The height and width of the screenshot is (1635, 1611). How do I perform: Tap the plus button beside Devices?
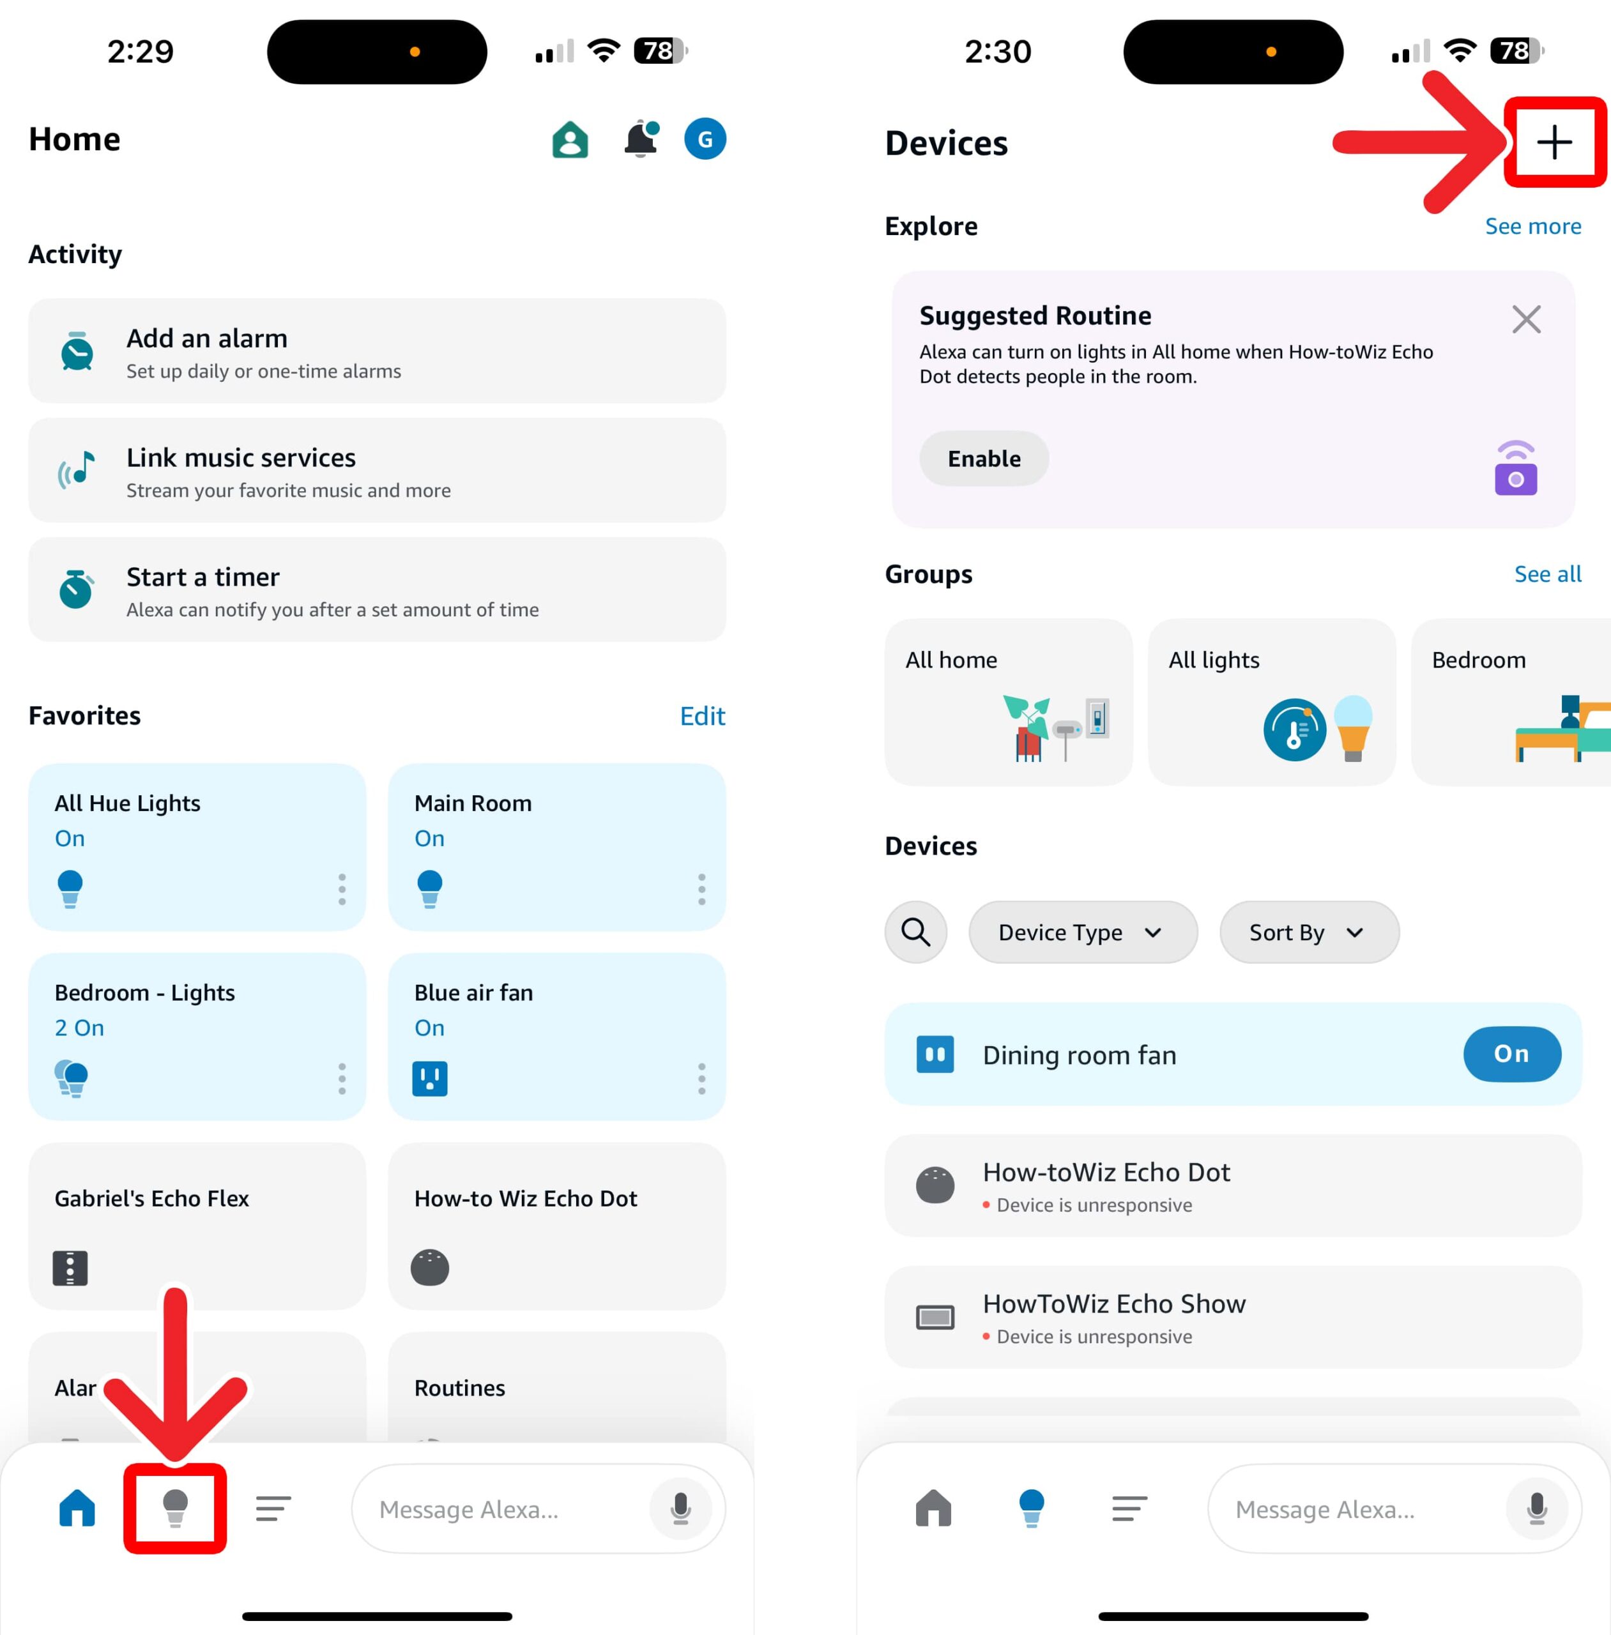tap(1554, 142)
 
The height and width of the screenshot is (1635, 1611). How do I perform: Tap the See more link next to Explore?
tap(1532, 226)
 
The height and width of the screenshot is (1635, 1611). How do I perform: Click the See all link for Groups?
tap(1546, 574)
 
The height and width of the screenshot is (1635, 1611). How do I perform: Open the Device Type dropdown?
tap(1082, 932)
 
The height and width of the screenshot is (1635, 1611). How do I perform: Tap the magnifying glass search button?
tap(915, 932)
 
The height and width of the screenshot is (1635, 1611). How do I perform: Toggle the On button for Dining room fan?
tap(1511, 1054)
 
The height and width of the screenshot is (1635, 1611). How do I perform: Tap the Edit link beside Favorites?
tap(702, 717)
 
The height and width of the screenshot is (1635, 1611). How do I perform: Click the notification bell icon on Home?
tap(641, 140)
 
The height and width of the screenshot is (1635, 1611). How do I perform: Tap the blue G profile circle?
tap(705, 140)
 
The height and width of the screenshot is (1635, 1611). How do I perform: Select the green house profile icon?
tap(570, 140)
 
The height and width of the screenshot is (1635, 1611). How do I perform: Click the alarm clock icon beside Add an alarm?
tap(77, 351)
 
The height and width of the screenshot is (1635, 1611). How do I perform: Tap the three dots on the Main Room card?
tap(701, 890)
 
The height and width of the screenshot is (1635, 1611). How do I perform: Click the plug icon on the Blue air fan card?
tap(430, 1079)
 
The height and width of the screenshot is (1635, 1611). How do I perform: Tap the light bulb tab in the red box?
tap(175, 1508)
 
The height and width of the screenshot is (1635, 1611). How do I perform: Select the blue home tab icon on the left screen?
tap(77, 1508)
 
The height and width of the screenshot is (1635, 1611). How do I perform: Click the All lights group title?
tap(1213, 660)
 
